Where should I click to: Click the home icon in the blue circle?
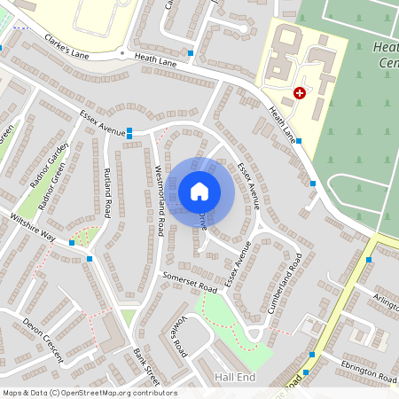point(199,192)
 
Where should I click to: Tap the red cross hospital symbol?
point(300,92)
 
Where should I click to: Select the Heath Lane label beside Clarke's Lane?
point(156,60)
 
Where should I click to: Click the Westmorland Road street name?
point(159,199)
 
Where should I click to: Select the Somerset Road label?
point(190,281)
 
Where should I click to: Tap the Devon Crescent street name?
point(43,340)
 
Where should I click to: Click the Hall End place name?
point(235,377)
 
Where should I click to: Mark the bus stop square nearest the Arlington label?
point(369,260)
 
